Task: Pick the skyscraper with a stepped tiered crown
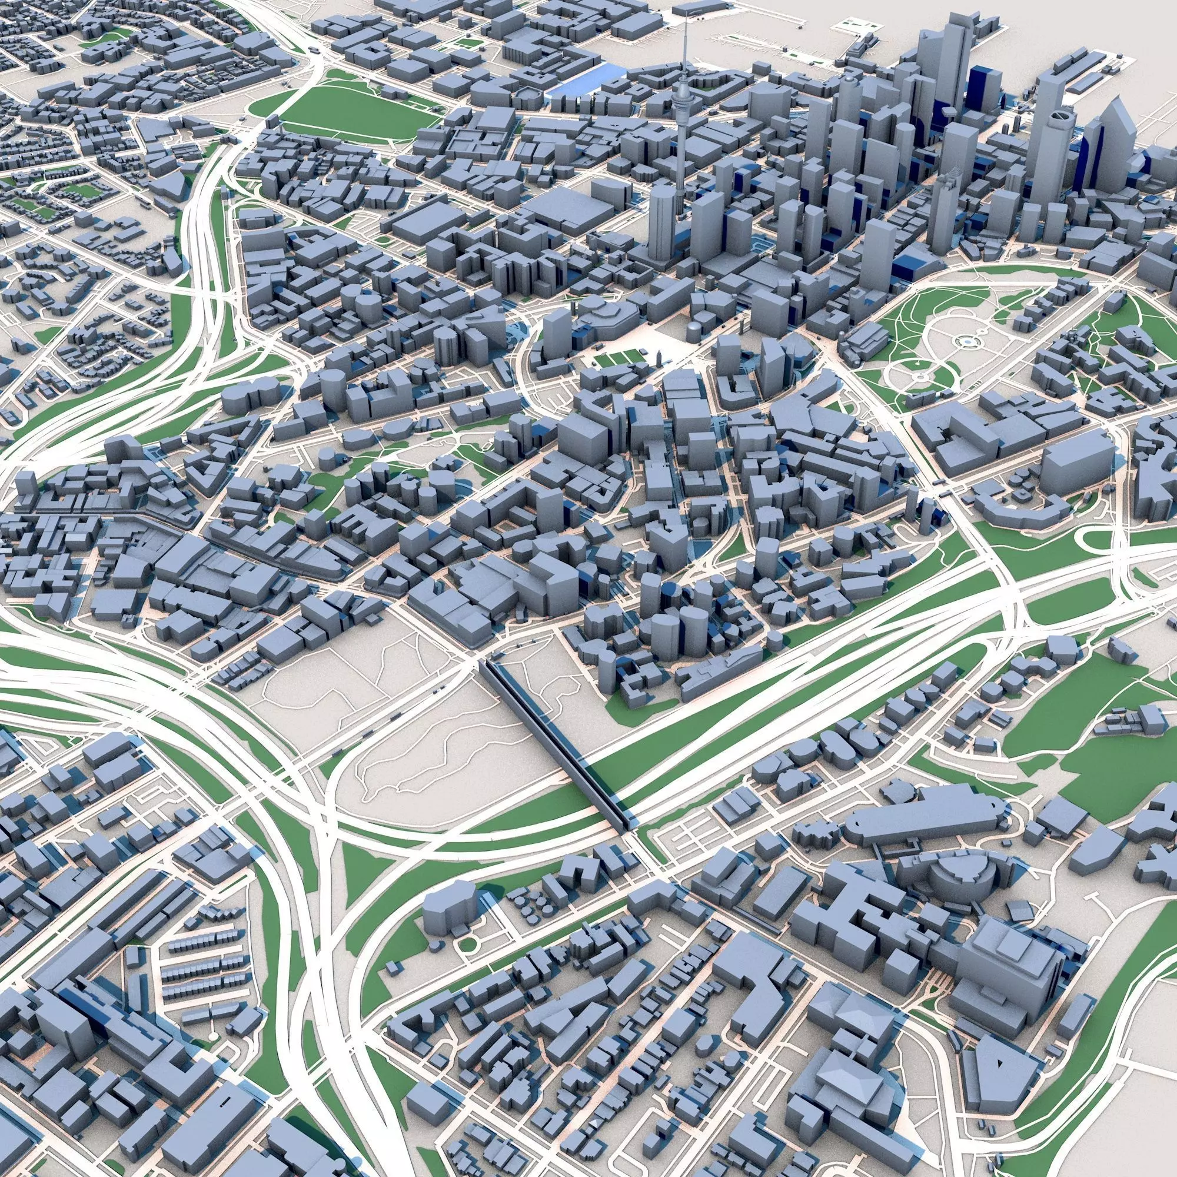[945, 201]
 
